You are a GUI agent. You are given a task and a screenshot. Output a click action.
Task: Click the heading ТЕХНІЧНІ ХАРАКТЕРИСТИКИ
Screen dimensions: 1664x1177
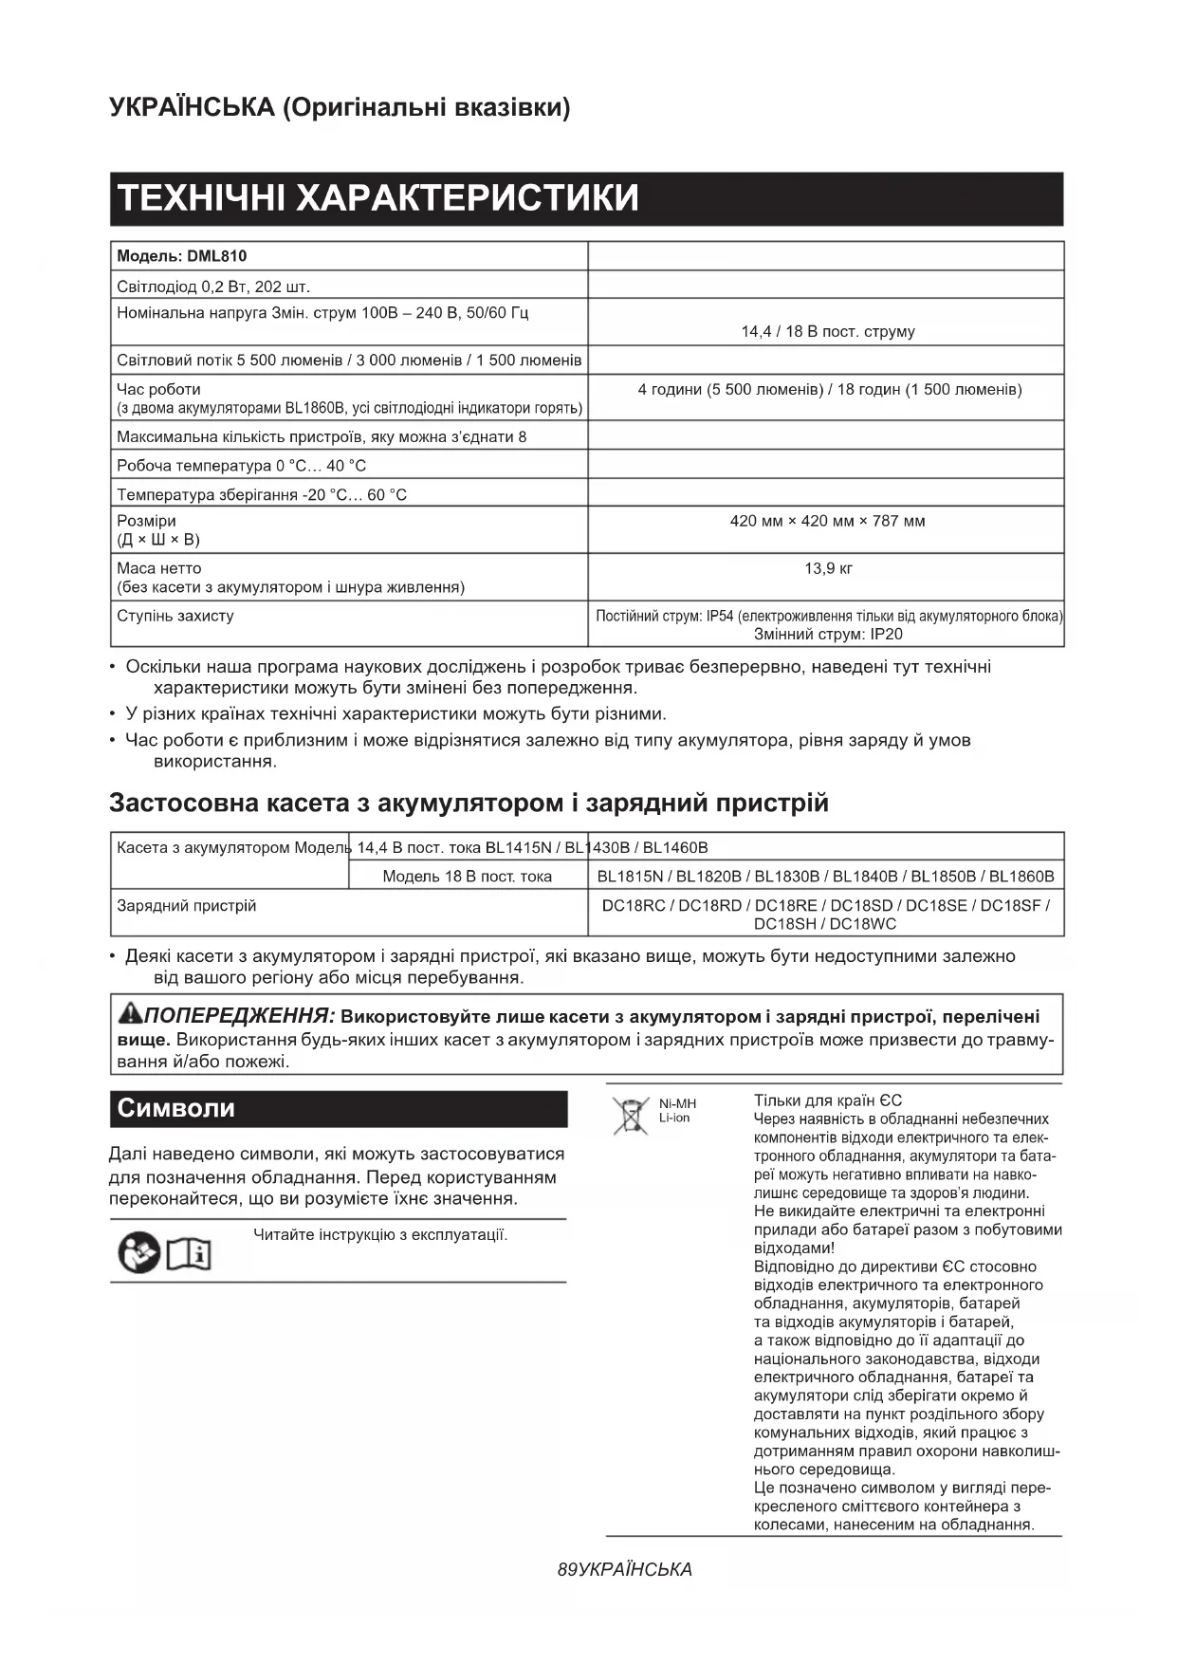(377, 198)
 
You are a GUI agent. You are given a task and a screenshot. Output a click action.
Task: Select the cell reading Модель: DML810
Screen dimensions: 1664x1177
(181, 256)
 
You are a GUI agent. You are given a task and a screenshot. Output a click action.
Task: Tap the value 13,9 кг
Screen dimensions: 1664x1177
(827, 568)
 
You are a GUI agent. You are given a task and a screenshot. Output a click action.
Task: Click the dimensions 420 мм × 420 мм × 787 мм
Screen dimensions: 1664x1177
(827, 521)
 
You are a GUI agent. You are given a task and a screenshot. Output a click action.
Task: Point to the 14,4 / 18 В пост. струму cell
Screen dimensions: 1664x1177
(827, 331)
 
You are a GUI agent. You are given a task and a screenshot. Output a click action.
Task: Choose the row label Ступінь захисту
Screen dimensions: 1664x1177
(175, 616)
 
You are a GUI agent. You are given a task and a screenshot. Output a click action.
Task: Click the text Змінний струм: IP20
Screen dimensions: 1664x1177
(827, 634)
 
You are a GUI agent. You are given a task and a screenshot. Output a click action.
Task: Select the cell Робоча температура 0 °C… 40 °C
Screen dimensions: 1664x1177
(241, 466)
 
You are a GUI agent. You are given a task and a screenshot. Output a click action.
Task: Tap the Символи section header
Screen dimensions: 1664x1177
(176, 1108)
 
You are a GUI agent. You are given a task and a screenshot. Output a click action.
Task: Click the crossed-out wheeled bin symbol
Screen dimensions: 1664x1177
(629, 1116)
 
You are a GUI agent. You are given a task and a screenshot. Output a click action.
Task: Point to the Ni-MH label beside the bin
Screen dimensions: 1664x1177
(677, 1103)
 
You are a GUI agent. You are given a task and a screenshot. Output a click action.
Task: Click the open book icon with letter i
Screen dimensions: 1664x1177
(189, 1254)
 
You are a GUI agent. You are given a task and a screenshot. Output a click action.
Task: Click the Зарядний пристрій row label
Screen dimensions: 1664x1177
(186, 906)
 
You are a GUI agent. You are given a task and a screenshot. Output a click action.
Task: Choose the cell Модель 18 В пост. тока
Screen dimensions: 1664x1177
(467, 877)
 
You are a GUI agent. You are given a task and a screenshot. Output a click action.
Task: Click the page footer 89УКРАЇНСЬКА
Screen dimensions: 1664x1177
(625, 1569)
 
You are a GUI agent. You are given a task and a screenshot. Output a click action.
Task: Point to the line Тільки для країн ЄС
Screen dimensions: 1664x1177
(827, 1100)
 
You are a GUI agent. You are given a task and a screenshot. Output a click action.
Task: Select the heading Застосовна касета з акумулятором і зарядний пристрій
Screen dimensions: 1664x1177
(469, 803)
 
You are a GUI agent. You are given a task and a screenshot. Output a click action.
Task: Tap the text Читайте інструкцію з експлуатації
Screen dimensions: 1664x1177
(380, 1235)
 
